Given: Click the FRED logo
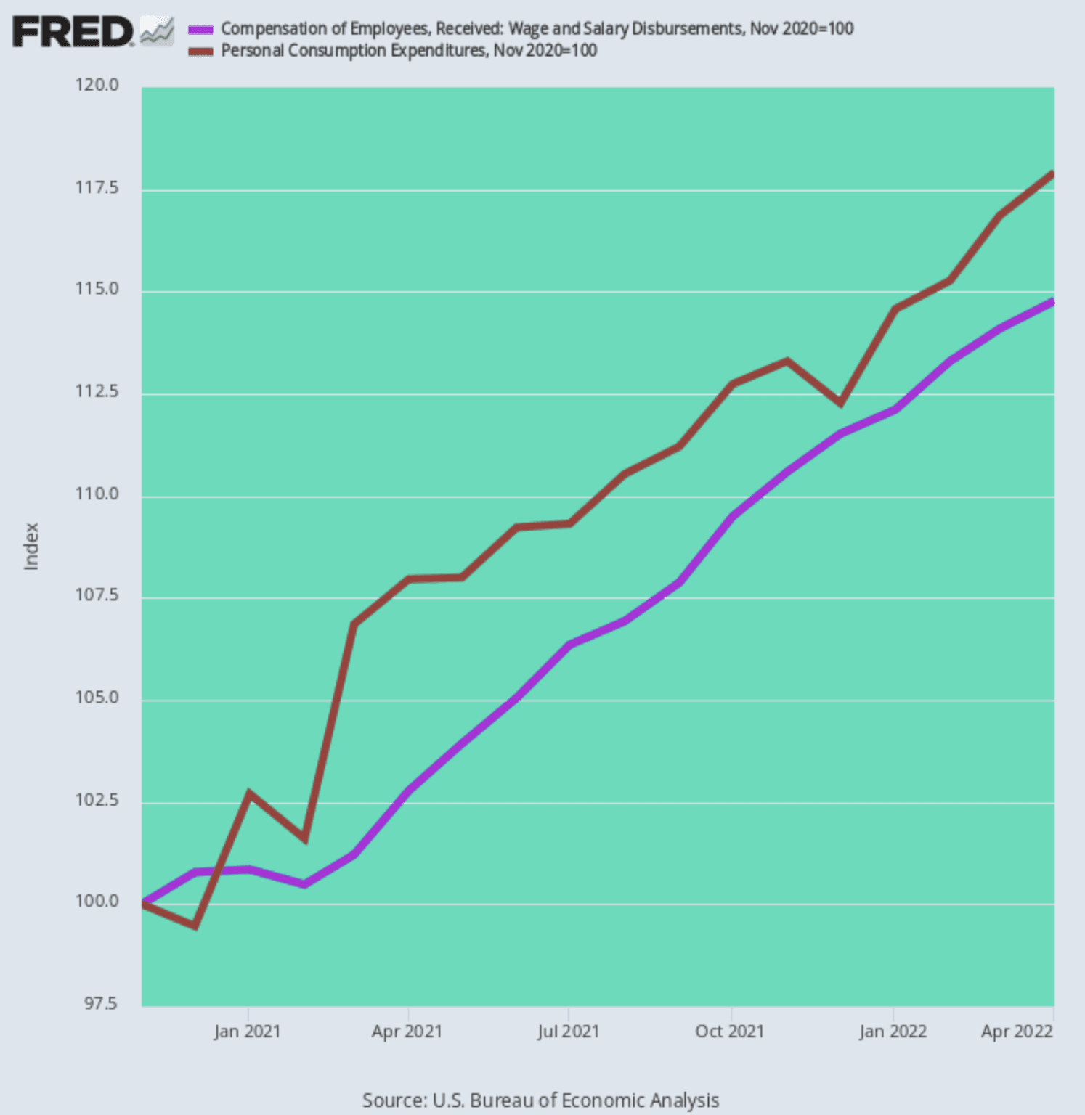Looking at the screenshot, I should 73,32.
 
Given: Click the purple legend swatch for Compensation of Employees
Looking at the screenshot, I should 200,30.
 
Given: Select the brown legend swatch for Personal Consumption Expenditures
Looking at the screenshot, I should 200,51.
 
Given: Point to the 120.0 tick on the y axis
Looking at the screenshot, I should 97,86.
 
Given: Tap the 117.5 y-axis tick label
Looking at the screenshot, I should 97,188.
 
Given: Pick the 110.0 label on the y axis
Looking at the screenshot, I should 97,494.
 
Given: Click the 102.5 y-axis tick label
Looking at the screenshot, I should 97,801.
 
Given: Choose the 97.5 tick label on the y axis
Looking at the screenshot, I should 100,1004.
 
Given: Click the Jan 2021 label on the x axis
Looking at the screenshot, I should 247,1032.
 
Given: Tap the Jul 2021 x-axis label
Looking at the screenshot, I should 568,1032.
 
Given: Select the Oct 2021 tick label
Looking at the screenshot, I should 730,1032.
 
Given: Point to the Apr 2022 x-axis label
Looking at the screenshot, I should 1017,1032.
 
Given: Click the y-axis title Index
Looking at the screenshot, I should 31,546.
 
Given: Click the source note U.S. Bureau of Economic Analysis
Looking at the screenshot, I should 540,1100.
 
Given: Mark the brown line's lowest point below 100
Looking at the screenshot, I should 195,926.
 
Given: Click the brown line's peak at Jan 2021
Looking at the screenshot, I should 248,793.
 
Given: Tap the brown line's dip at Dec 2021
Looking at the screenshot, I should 840,403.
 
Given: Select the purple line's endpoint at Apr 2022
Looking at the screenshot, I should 1052,302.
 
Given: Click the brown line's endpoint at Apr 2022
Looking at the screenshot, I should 1052,174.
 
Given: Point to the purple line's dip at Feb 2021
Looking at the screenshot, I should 304,884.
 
